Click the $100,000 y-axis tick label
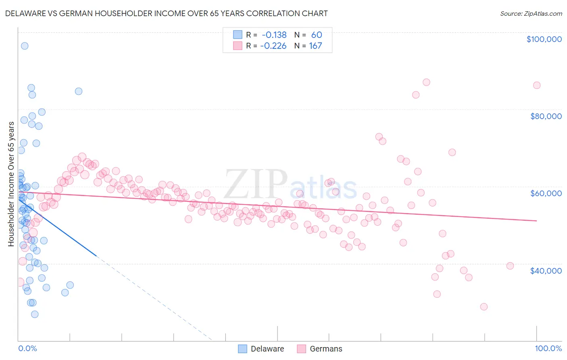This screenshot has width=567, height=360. click(544, 39)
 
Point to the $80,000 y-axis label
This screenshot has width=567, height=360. click(546, 116)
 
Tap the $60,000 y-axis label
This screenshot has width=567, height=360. click(546, 193)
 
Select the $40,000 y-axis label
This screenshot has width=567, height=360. click(546, 270)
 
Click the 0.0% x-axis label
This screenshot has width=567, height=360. click(27, 348)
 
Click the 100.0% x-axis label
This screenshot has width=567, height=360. click(548, 348)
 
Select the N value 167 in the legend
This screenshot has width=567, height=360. click(315, 46)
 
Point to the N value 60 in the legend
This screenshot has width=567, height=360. click(316, 35)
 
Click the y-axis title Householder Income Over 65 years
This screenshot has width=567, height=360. click(11, 184)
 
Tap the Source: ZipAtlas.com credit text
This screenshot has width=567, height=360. click(531, 14)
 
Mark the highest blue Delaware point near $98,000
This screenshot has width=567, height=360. click(25, 46)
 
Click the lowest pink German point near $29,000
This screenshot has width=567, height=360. click(484, 307)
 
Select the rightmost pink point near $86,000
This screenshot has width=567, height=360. click(536, 85)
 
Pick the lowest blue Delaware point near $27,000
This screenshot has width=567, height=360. click(35, 314)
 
